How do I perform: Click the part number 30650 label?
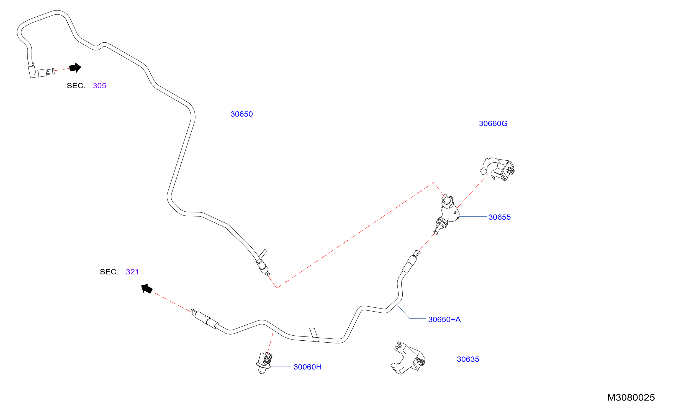(241, 114)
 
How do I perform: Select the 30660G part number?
(493, 124)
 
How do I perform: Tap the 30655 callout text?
(500, 217)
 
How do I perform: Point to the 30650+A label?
(444, 320)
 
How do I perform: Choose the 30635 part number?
(468, 359)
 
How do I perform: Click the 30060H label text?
(308, 367)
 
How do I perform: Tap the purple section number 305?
(99, 86)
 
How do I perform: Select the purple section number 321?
(132, 272)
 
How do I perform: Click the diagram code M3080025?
(631, 398)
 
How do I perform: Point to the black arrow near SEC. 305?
(75, 68)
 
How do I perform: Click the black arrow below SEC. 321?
(147, 289)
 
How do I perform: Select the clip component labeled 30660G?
(497, 169)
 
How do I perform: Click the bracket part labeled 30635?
(408, 358)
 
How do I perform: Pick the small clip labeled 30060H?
(264, 363)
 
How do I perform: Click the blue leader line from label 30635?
(440, 359)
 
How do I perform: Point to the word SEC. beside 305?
(76, 86)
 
